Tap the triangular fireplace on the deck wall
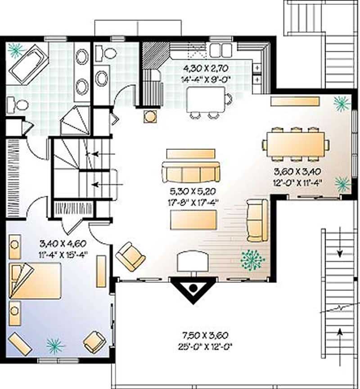pyautogui.click(x=193, y=288)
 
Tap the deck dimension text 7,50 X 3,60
pyautogui.click(x=206, y=335)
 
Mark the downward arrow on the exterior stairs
pyautogui.click(x=340, y=252)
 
